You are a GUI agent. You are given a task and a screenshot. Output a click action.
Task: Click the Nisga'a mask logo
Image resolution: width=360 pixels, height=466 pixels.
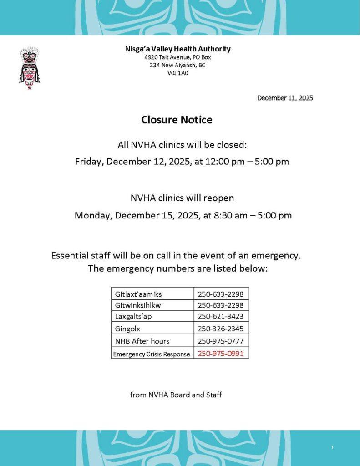click(29, 68)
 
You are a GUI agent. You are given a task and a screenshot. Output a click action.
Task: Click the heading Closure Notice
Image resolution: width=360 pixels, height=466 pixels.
click(177, 120)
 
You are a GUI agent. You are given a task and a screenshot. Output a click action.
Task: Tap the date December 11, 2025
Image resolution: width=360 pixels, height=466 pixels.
click(285, 98)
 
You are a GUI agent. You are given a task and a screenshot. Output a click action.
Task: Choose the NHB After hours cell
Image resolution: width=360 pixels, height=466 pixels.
click(142, 341)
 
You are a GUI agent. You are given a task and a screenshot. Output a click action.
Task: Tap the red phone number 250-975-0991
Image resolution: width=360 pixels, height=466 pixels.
click(221, 353)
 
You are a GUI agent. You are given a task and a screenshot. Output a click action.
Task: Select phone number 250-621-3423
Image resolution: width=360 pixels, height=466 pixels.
click(221, 317)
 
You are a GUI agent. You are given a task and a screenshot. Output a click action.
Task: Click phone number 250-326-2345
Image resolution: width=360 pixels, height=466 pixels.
click(221, 329)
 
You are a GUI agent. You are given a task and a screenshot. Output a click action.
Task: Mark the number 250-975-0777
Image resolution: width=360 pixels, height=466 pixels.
click(221, 341)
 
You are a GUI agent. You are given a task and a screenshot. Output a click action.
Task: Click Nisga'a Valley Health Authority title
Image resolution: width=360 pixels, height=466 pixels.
click(178, 49)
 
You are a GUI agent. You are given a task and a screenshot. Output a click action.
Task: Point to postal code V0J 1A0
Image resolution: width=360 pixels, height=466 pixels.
click(177, 72)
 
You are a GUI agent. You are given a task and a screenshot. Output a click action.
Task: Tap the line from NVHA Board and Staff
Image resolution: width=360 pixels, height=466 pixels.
click(176, 395)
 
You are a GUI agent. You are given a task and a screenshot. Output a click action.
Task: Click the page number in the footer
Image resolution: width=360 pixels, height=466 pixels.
click(332, 448)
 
